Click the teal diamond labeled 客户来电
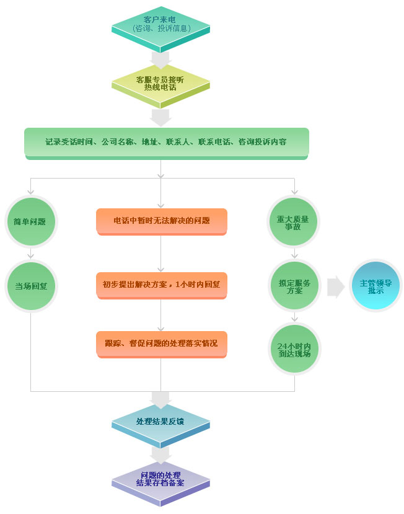[x=160, y=25]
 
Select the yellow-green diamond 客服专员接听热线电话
[x=160, y=83]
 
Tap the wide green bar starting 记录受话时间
[x=166, y=142]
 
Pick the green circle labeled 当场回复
[x=31, y=286]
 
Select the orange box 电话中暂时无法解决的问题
[x=161, y=221]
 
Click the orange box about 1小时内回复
[x=161, y=285]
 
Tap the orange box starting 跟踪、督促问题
[x=161, y=343]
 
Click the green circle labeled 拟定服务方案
[x=294, y=286]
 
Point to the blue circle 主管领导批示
[x=375, y=286]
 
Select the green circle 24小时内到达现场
[x=294, y=350]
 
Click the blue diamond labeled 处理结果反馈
[x=160, y=422]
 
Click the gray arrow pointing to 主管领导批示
[x=335, y=286]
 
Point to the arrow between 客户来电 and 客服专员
[x=160, y=59]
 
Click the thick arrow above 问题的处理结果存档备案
[x=160, y=454]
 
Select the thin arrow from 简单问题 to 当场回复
[x=30, y=252]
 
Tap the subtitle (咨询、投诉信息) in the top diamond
[x=160, y=29]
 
